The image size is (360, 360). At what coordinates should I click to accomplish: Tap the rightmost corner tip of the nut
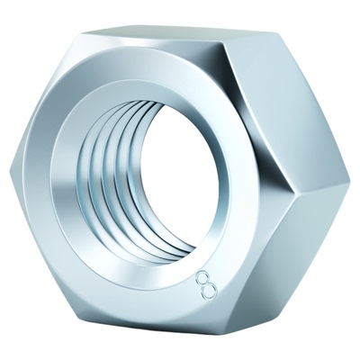pos(350,180)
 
